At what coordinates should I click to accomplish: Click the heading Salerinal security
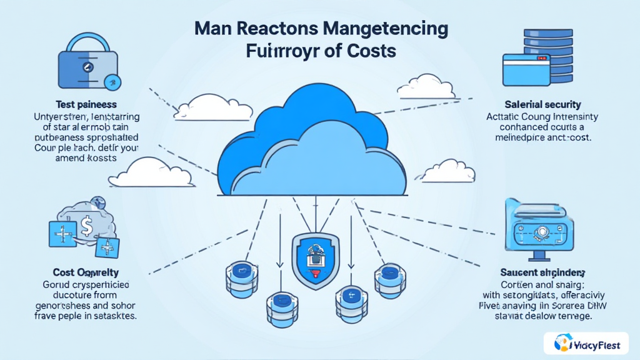[x=542, y=104]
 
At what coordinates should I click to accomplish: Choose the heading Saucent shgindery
[x=542, y=272]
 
